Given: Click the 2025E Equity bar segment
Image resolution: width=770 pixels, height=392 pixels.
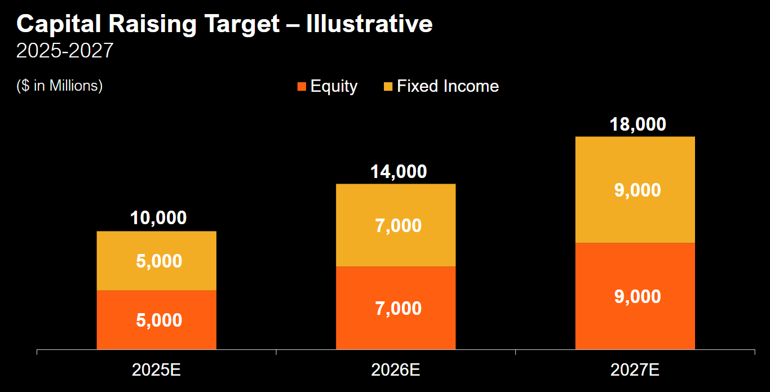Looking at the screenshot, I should coord(156,319).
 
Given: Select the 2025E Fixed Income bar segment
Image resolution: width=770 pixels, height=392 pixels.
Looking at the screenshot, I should coord(156,261).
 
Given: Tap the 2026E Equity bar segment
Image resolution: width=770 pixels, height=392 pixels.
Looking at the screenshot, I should coord(395,308).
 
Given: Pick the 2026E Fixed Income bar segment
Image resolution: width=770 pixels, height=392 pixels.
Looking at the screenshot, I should coord(395,225).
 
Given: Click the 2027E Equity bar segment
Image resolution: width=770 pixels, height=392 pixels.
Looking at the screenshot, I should coord(635,296).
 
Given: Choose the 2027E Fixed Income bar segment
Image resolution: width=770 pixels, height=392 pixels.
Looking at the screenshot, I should coord(635,190).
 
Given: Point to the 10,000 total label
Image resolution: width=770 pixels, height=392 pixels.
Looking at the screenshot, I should coord(158,218).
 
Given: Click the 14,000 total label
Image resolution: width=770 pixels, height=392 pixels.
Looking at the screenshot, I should coord(398,171).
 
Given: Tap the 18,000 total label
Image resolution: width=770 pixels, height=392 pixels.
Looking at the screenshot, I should coord(638,124).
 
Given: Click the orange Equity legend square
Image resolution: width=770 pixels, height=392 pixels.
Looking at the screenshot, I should coord(302,87).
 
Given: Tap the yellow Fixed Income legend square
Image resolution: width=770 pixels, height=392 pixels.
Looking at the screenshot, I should coord(388,87).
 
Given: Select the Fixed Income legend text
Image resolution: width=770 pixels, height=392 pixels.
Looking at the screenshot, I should coord(448,86).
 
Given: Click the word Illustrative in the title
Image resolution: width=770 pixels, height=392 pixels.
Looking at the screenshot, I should coord(369,24).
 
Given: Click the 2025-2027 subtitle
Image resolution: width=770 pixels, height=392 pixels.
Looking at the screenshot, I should coord(65,51).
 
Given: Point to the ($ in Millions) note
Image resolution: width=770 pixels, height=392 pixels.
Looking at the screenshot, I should coord(60,86).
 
